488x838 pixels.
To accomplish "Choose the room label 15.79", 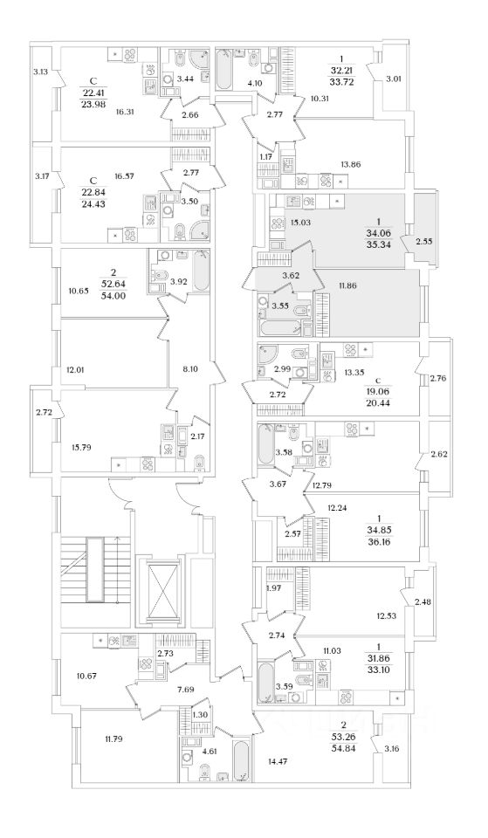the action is (x=78, y=448).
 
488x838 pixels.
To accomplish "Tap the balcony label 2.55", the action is (x=423, y=241).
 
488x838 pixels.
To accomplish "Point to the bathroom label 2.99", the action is (x=281, y=368).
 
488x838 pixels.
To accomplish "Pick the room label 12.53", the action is (x=387, y=615).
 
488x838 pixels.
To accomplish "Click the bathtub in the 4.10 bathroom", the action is (x=224, y=70).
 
